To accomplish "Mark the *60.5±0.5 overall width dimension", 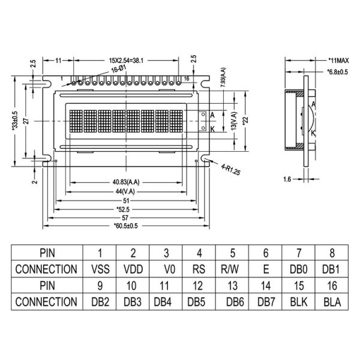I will [x=126, y=226].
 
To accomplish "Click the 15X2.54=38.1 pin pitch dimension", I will [x=125, y=61].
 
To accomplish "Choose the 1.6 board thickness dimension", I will [x=288, y=178].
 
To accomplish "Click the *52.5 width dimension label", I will [x=126, y=209].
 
